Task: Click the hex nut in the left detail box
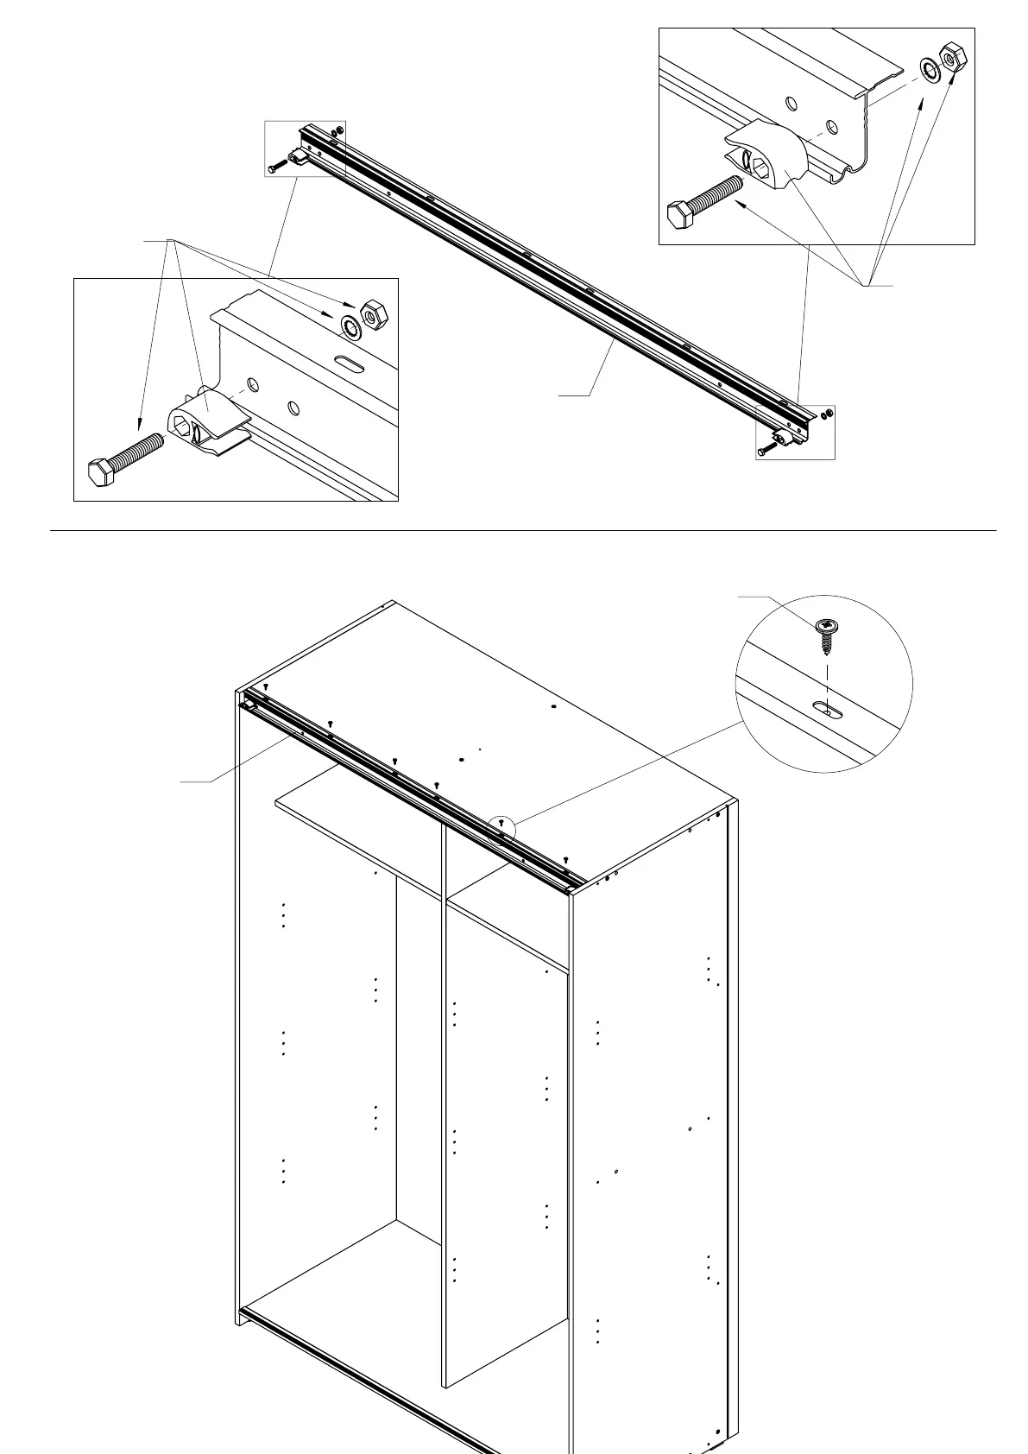pos(373,315)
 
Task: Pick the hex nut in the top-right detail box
pos(952,58)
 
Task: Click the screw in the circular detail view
pos(827,634)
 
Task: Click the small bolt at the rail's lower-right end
pos(766,450)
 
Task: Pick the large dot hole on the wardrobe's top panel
pos(553,707)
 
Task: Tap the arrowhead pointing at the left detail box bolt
pos(138,425)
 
